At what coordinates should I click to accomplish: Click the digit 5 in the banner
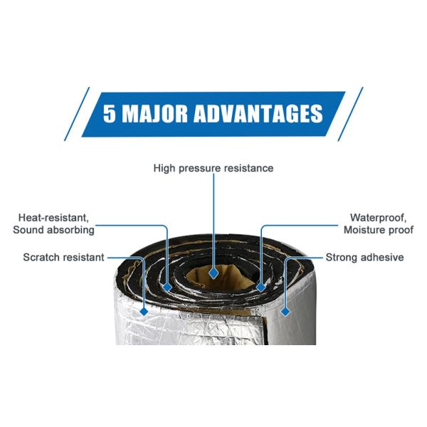[109, 113]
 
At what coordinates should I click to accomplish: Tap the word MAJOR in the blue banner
[154, 113]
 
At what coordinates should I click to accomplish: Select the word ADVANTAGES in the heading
[258, 113]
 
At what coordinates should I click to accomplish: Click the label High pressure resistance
[213, 168]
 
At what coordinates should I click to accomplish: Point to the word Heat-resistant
[53, 218]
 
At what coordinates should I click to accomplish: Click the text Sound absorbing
[53, 230]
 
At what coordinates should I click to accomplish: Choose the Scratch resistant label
[63, 258]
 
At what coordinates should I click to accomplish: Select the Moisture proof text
[379, 230]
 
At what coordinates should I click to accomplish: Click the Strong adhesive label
[364, 258]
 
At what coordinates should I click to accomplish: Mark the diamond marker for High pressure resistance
[213, 273]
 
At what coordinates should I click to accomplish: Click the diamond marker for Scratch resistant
[144, 311]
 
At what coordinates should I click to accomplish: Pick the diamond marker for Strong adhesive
[285, 312]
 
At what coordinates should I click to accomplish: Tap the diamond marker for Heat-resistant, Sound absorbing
[167, 287]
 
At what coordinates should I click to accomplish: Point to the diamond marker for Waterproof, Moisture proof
[261, 287]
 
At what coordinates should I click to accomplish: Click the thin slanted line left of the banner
[77, 114]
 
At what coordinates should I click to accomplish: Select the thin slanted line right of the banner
[350, 114]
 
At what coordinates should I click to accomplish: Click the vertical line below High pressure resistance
[213, 221]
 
